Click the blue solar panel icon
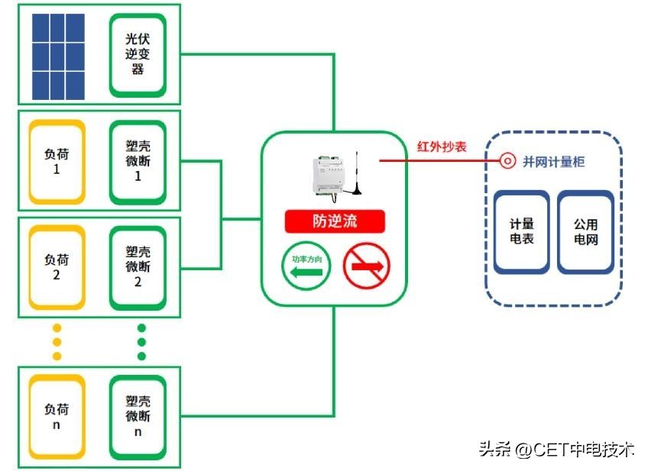58,56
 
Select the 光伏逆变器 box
138,54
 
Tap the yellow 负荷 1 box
56,161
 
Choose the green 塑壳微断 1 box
138,161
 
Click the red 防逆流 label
335,221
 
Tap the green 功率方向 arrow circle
306,266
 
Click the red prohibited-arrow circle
366,266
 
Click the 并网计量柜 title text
554,162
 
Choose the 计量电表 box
522,232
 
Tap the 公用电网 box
585,232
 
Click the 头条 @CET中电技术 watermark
556,449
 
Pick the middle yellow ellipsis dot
57,342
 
